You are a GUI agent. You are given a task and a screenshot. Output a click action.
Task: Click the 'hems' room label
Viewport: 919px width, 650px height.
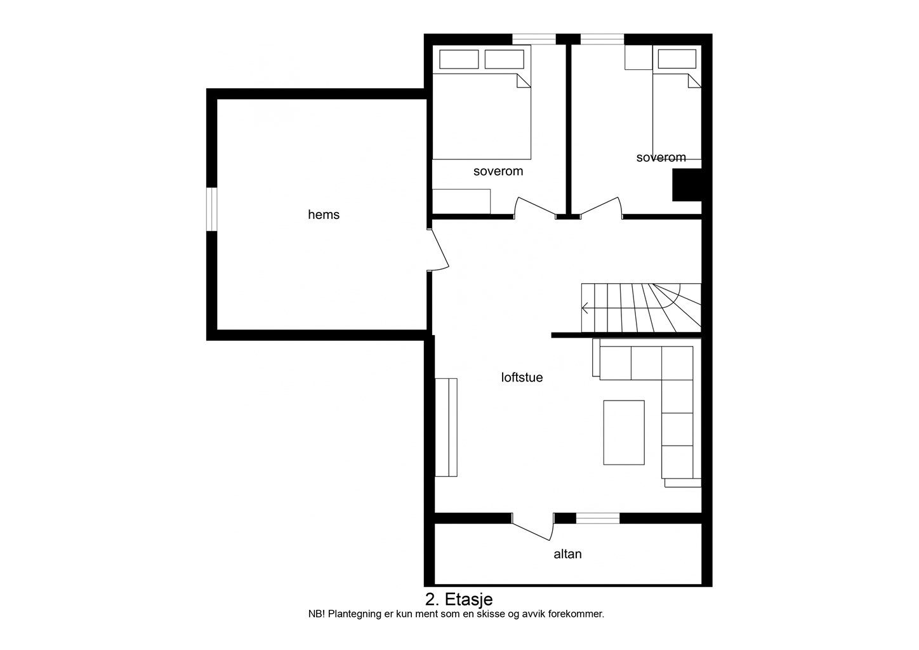[324, 215]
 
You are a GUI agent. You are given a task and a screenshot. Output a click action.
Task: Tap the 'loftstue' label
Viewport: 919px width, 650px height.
[522, 378]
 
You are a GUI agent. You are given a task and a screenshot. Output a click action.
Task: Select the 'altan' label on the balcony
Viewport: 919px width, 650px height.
[567, 554]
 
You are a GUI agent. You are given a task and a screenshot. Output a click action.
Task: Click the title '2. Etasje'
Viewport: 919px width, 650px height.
[459, 599]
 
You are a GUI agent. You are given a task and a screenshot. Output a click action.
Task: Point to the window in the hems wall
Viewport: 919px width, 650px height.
[211, 209]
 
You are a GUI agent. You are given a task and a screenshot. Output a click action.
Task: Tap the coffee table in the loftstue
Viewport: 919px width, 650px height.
[624, 432]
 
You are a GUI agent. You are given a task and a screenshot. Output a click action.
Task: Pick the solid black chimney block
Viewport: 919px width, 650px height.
[686, 185]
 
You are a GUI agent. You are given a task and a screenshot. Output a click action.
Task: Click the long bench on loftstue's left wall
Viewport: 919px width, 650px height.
[446, 427]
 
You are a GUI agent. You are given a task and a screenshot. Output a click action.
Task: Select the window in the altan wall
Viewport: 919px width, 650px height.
[598, 518]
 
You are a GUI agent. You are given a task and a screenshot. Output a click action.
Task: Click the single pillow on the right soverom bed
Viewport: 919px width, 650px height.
[677, 59]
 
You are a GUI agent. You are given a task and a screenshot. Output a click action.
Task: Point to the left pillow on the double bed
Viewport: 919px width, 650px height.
[459, 59]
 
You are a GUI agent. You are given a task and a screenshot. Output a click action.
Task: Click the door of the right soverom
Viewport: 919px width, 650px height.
[600, 207]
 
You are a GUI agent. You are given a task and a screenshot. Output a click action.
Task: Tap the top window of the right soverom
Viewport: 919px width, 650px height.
[602, 39]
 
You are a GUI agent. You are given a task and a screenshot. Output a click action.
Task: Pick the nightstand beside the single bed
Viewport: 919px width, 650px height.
[638, 57]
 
